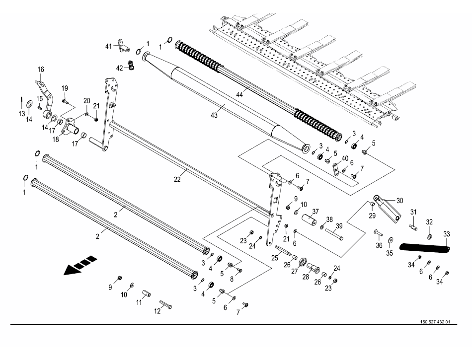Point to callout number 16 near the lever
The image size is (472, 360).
(x=41, y=69)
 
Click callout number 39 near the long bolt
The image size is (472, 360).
(x=338, y=226)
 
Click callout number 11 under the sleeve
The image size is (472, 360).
(x=139, y=302)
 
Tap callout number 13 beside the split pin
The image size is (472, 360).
(x=21, y=114)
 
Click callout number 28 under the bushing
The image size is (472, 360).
(x=313, y=276)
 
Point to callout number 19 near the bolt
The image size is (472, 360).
(x=65, y=88)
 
